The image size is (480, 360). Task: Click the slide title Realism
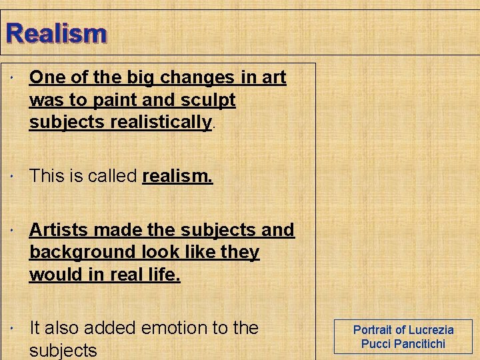55,33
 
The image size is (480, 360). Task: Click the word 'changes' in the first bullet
198,77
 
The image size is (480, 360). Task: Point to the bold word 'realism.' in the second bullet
177,176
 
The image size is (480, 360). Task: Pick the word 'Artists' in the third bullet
59,230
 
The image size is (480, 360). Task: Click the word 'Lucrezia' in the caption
431,329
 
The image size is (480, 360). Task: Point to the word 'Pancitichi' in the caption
419,344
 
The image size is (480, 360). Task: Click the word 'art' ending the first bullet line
273,77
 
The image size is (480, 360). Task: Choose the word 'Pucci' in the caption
375,344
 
